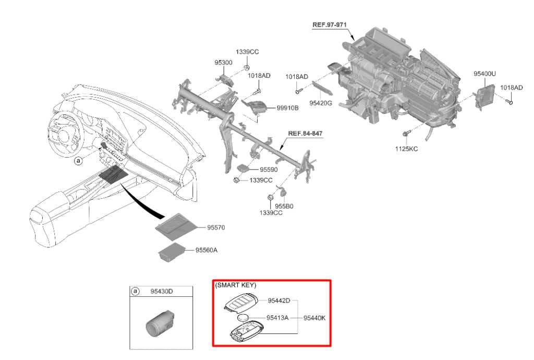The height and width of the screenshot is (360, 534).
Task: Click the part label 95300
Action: point(223,63)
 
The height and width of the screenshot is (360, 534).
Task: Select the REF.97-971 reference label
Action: point(330,25)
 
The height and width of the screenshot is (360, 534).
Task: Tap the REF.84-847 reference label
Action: point(305,134)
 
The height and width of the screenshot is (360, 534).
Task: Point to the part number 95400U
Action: point(484,74)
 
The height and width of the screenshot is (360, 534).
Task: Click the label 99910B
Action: point(287,108)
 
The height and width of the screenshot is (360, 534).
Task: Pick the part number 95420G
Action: point(320,103)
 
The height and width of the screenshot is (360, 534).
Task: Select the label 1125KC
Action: point(406,149)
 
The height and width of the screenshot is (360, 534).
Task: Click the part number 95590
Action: point(269,170)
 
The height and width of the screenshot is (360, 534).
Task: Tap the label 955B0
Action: point(284,206)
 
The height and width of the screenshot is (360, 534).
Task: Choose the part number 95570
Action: point(216,228)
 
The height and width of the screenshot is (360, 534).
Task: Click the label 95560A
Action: point(207,250)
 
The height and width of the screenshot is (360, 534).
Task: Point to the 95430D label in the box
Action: point(162,291)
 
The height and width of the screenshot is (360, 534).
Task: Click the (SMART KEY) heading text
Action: point(236,285)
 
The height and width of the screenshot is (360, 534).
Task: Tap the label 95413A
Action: point(277,318)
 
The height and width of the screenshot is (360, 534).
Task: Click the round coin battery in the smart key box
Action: point(244,318)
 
